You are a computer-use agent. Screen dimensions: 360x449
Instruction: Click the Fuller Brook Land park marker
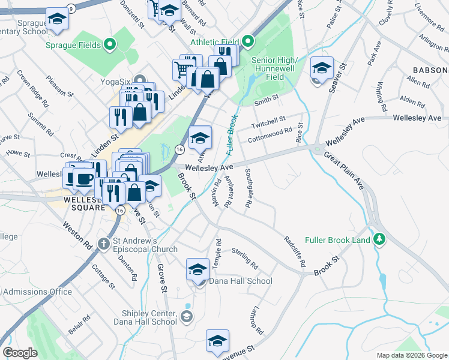coord(379,239)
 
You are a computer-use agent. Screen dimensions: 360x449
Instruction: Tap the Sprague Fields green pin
coord(109,44)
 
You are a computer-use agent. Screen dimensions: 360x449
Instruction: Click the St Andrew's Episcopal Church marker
coord(106,243)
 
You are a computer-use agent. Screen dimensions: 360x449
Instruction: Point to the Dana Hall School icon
coord(197,270)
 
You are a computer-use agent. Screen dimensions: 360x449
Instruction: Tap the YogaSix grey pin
coord(140,79)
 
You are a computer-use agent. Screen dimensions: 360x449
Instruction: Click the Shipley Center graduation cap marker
coord(187,316)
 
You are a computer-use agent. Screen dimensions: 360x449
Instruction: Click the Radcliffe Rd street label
coord(295,251)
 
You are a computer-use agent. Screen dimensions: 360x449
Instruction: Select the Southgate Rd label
coord(247,188)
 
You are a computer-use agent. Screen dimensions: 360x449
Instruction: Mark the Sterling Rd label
coord(245,258)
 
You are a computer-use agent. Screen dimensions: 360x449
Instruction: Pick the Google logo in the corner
coord(20,352)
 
